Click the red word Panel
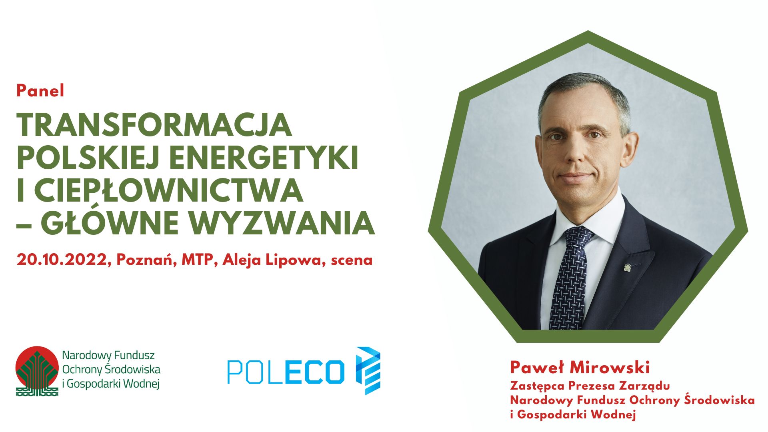pyautogui.click(x=40, y=91)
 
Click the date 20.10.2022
pyautogui.click(x=63, y=260)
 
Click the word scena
pyautogui.click(x=352, y=260)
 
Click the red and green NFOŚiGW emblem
pyautogui.click(x=37, y=371)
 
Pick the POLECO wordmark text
pyautogui.click(x=286, y=372)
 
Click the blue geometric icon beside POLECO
pyautogui.click(x=368, y=371)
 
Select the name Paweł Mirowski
pyautogui.click(x=580, y=367)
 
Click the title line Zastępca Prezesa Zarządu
pyautogui.click(x=590, y=386)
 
